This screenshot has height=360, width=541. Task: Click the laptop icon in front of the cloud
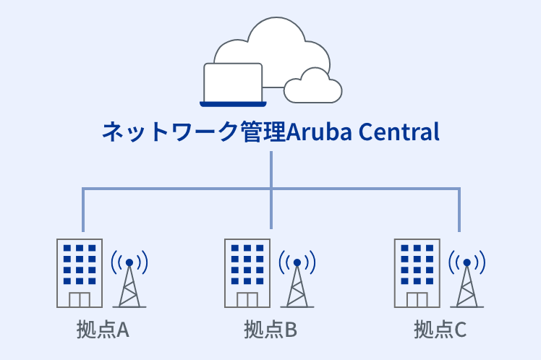[232, 84]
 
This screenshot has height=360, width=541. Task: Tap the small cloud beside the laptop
[313, 86]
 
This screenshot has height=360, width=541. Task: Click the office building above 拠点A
[79, 273]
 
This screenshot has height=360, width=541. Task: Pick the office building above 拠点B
[247, 273]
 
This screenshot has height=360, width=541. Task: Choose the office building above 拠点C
[417, 273]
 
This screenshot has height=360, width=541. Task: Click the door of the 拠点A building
[79, 299]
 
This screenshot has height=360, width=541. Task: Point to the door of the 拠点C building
[417, 299]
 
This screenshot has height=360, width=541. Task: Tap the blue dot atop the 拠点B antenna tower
[297, 262]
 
